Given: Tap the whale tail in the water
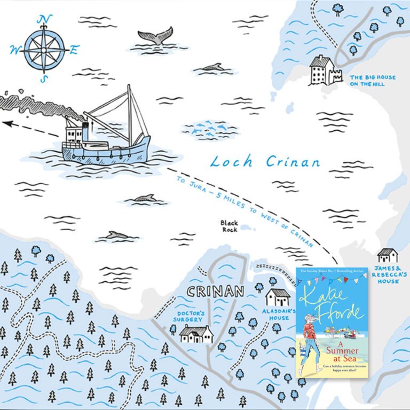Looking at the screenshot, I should coord(155,35).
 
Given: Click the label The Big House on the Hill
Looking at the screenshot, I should coord(373,81).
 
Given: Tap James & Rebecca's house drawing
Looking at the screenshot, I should coord(387,255).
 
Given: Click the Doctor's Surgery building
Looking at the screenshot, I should coord(196,334).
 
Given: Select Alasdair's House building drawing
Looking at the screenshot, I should coord(277,297).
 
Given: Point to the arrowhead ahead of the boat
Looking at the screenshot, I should coord(6,124).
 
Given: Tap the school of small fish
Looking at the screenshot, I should coord(209,128).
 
